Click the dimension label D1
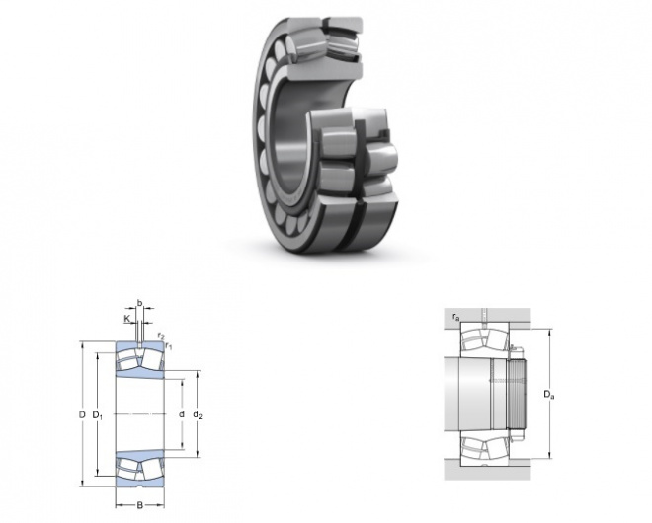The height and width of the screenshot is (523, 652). click(x=97, y=414)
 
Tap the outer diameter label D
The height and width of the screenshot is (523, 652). click(x=82, y=414)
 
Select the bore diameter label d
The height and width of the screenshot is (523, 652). click(x=182, y=414)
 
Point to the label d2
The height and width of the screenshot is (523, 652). click(x=198, y=414)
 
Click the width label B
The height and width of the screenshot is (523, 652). click(x=139, y=505)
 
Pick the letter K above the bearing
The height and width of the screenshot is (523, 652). click(x=127, y=319)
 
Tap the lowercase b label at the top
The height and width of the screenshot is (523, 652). click(x=139, y=303)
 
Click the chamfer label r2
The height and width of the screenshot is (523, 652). click(x=161, y=336)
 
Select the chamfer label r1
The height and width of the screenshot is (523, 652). click(x=168, y=345)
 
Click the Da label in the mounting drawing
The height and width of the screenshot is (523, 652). click(x=549, y=394)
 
